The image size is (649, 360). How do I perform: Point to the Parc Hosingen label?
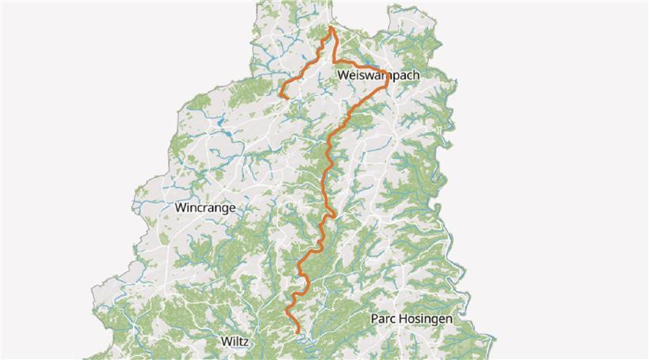(412, 319)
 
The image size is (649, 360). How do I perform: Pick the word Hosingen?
(427, 319)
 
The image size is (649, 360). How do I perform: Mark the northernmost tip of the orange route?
(330, 28)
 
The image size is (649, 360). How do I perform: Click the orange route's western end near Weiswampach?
(280, 95)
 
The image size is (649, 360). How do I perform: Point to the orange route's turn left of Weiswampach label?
(333, 62)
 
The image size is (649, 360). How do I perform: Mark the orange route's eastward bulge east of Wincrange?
(336, 214)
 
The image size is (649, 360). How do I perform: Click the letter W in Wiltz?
(224, 343)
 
